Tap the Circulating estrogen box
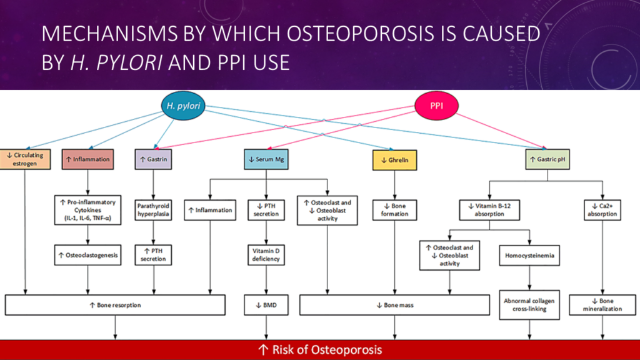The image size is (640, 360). coord(24,159)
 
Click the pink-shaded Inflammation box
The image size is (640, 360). coord(87,159)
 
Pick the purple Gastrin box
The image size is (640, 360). coord(153,159)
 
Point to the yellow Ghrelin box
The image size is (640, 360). coord(395,160)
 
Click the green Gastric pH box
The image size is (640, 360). coord(547,159)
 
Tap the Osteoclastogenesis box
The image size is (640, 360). coord(87,254)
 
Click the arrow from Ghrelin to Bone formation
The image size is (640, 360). coord(395,184)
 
